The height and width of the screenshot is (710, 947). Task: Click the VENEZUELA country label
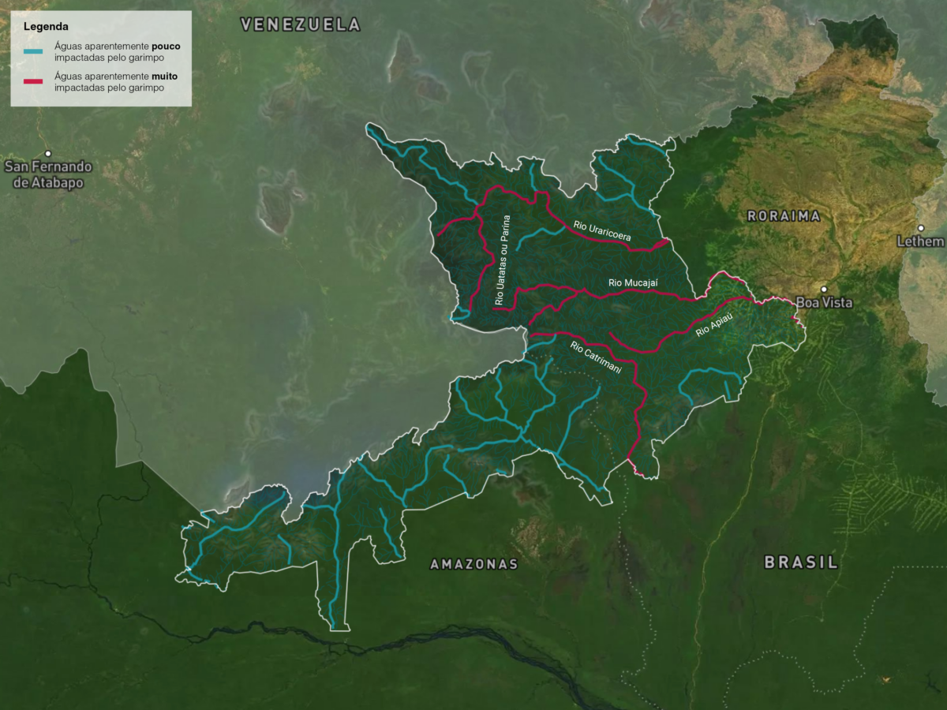(x=301, y=25)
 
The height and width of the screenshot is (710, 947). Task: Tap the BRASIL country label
(x=800, y=562)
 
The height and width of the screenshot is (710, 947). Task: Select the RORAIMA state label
(x=784, y=216)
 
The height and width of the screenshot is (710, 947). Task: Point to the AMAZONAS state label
(x=473, y=564)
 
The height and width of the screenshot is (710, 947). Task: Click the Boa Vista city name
(x=824, y=303)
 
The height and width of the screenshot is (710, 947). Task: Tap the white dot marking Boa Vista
(x=824, y=290)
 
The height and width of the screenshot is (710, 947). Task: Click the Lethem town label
(x=920, y=241)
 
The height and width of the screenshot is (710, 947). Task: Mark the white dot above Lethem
(x=921, y=228)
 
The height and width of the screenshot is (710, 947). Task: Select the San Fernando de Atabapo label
(x=48, y=174)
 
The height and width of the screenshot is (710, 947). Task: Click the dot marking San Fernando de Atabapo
(x=48, y=153)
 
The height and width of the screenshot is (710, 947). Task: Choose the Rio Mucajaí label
(x=633, y=282)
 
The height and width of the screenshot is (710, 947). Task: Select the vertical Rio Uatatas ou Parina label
(x=503, y=260)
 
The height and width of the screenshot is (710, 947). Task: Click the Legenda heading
(x=46, y=27)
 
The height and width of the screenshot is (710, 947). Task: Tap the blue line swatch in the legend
(x=33, y=52)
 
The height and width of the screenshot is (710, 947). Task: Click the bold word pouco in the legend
(x=166, y=47)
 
